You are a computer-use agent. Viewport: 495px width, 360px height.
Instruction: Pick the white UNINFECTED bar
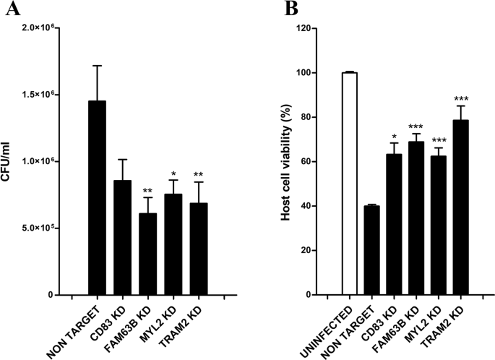350,184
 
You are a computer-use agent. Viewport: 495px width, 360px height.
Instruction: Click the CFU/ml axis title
9,161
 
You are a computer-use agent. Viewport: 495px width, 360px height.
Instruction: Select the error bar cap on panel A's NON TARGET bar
97,66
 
